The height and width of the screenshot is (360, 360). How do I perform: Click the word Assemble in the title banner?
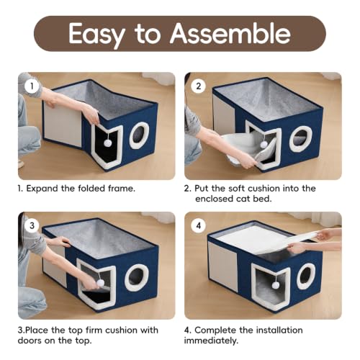click(x=230, y=33)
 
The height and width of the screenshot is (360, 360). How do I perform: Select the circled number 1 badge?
click(x=32, y=86)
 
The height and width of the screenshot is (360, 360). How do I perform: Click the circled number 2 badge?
click(x=198, y=86)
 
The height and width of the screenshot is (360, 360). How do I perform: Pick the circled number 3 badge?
click(x=32, y=225)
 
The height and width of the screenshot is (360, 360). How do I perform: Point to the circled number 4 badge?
click(x=198, y=225)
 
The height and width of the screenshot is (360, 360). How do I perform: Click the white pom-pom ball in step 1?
click(x=107, y=143)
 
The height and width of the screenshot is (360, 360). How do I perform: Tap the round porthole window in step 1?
click(x=139, y=135)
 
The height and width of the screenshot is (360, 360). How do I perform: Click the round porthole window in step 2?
click(x=300, y=139)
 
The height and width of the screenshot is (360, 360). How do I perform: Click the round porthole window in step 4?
click(x=306, y=276)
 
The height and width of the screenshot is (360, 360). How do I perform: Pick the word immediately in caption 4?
click(x=211, y=341)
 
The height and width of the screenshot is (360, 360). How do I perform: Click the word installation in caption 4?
click(x=279, y=330)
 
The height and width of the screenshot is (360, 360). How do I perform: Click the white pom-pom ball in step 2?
click(x=264, y=145)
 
